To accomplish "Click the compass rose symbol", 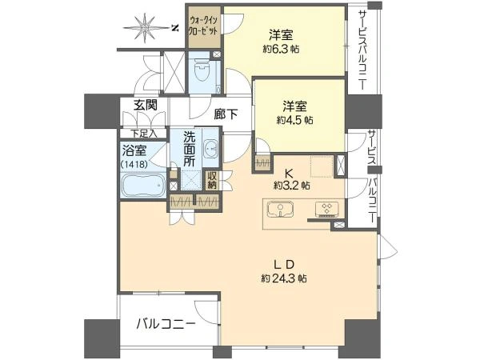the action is pos(143,27).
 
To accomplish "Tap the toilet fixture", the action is pos(201,72).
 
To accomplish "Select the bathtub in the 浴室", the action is pos(142,185).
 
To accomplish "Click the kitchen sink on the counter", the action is pos(280,209).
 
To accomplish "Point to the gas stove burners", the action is pos(327,209).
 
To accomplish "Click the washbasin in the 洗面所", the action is pos(210,149).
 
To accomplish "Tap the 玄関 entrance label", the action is pos(146,105).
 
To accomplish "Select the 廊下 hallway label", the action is pos(226,114).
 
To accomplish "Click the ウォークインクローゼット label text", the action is pos(203,26).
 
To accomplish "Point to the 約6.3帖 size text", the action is pos(281,49).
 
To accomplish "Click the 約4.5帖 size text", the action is pos(294,120).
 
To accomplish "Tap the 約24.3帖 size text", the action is pos(284,278).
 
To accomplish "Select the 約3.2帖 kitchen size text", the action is pos(291,186).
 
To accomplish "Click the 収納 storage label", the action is pos(212,180).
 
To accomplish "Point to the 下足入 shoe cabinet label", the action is pos(144,134).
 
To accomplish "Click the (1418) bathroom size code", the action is pos(134,164).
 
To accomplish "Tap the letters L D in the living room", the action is pos(284,264).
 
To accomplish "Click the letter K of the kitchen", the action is pos(288,174).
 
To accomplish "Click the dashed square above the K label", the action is pos(322,166).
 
